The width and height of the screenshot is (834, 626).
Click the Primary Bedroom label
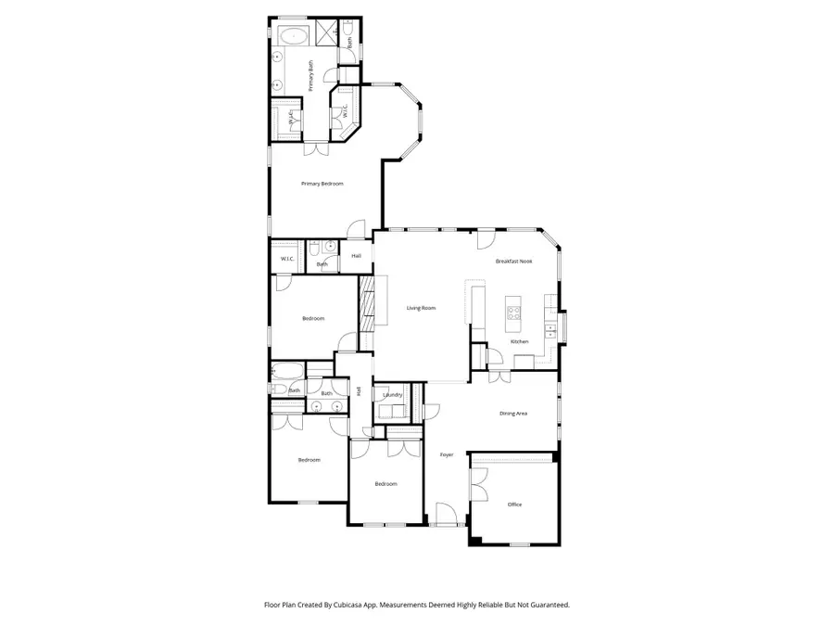322,184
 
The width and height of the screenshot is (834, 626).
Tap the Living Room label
421,308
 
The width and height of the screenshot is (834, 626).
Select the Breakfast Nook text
513,262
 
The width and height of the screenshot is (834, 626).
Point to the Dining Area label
513,413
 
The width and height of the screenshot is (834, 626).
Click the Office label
514,505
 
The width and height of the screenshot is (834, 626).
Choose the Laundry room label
392,395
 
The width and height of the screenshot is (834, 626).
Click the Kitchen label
520,341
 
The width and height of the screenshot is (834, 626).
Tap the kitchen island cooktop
513,314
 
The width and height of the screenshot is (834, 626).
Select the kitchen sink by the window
552,328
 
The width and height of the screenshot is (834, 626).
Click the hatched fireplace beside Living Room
366,301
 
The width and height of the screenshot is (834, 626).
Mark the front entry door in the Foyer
445,515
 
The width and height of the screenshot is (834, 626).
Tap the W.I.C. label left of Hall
287,259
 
